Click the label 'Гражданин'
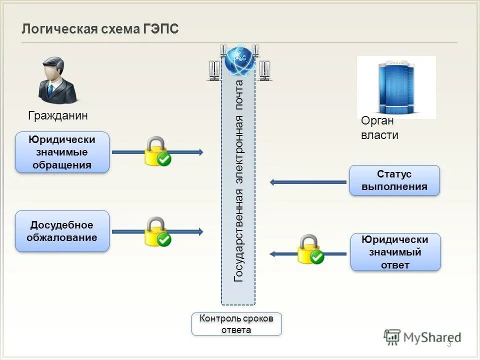tap(58, 116)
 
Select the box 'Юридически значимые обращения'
tap(62, 152)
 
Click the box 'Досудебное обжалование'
tap(62, 231)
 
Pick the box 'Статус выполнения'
tap(394, 180)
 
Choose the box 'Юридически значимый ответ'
tap(395, 252)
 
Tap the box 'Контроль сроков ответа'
tap(236, 324)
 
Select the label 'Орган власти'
tap(379, 128)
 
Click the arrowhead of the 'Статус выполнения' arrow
tap(273, 182)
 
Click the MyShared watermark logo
tap(422, 337)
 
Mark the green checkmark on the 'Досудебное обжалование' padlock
tap(164, 239)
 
